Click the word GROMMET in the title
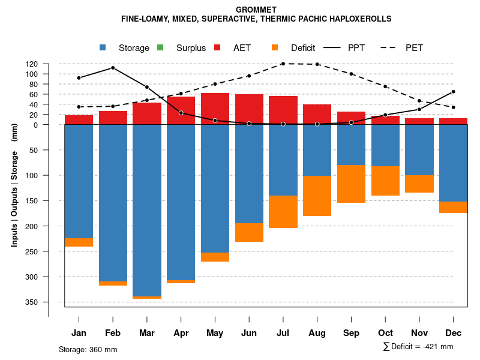click(x=256, y=10)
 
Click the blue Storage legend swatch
click(x=103, y=47)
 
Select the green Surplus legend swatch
click(x=160, y=47)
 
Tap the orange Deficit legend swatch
click(x=275, y=47)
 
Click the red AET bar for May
click(x=215, y=109)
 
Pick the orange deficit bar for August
click(x=317, y=196)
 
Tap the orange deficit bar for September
click(x=351, y=184)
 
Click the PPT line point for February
click(x=113, y=68)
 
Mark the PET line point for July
click(x=283, y=64)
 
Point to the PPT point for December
click(x=453, y=92)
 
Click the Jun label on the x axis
click(x=249, y=333)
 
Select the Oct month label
click(x=385, y=333)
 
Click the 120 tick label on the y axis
click(x=32, y=64)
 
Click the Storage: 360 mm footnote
click(x=88, y=349)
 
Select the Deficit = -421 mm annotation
click(x=418, y=347)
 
